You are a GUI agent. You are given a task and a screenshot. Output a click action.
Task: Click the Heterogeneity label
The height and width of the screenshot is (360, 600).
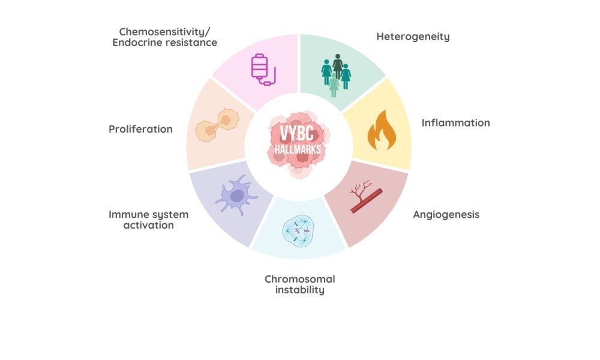click(413, 37)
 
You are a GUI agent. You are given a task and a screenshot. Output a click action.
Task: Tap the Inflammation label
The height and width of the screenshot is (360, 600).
click(456, 123)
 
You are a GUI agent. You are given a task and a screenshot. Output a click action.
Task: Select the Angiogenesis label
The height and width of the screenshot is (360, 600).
click(446, 215)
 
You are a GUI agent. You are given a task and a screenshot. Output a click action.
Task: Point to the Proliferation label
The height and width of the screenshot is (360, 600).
click(140, 129)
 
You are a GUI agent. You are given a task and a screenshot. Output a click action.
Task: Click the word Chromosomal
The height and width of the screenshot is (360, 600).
click(299, 279)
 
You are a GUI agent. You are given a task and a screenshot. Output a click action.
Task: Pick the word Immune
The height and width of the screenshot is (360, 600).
click(126, 214)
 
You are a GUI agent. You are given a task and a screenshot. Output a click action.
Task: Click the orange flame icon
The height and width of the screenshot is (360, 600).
click(382, 130)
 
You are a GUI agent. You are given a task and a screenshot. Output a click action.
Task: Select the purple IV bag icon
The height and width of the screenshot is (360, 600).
click(263, 70)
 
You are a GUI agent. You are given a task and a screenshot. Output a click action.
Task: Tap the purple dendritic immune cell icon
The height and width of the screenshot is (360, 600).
click(236, 195)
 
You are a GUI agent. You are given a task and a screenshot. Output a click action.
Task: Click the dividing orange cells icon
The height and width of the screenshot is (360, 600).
click(217, 125)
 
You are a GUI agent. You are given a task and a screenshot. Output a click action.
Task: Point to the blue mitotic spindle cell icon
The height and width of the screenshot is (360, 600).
click(298, 230)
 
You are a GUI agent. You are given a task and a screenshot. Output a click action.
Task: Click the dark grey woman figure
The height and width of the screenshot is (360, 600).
click(337, 67)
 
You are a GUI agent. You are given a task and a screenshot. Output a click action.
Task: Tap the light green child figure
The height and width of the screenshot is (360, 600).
click(334, 85)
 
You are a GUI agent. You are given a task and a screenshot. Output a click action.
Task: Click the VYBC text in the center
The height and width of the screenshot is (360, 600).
click(297, 134)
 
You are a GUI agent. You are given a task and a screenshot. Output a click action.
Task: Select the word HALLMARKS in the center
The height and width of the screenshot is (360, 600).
click(298, 149)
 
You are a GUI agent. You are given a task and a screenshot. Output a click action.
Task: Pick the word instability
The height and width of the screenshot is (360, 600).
click(300, 290)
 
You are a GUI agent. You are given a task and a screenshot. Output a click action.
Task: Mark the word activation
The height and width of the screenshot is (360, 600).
click(148, 225)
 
